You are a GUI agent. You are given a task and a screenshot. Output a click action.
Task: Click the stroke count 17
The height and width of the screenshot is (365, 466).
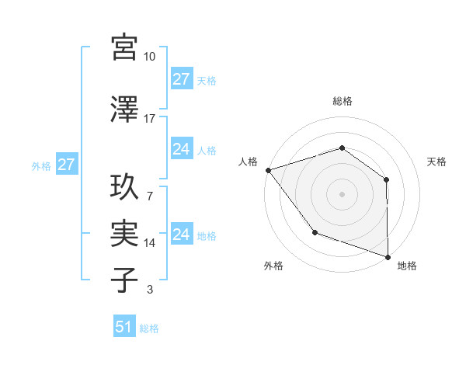(x=150, y=119)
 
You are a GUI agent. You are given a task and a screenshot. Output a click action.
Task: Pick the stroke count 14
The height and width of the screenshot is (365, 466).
(x=150, y=243)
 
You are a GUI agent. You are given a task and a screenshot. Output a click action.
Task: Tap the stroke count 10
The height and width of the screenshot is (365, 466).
(x=150, y=57)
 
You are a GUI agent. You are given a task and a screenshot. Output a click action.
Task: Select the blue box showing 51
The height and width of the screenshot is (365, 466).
(x=124, y=327)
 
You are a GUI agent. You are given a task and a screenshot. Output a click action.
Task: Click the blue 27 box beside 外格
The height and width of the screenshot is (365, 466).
(x=66, y=165)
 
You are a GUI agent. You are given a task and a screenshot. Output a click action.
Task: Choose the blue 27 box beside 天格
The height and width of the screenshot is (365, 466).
(x=182, y=79)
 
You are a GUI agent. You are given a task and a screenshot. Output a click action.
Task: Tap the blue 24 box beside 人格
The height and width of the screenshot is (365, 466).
(x=182, y=149)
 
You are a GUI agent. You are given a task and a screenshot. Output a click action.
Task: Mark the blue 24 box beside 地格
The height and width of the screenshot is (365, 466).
(x=182, y=235)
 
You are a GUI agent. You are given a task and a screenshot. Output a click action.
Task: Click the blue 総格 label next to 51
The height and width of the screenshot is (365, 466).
(x=149, y=328)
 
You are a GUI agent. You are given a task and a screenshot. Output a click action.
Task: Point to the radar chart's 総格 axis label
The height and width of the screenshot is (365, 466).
(x=342, y=101)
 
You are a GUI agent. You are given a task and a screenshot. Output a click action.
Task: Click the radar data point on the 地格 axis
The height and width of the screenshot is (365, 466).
(x=388, y=256)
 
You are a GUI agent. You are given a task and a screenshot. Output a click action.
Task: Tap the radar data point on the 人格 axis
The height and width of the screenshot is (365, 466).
(x=268, y=169)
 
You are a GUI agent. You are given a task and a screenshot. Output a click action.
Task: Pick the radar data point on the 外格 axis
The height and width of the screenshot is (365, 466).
(x=315, y=231)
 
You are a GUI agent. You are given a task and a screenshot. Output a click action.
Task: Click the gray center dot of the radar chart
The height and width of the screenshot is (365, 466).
(x=342, y=193)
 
